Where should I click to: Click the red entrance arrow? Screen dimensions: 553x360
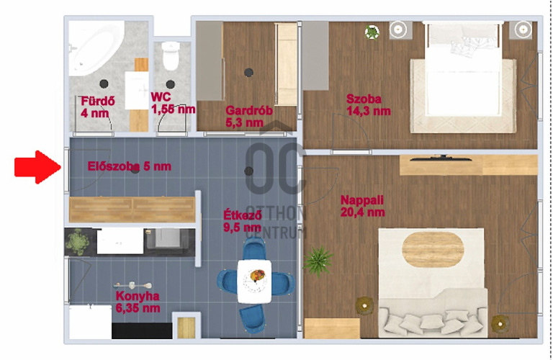point(37,167)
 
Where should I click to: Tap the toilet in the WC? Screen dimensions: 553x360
point(171,55)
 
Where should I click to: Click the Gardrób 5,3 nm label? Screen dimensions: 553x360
point(249,117)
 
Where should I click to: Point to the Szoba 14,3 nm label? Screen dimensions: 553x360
point(368,104)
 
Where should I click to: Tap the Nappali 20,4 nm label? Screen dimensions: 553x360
point(363,206)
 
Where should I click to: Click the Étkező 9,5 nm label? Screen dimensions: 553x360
point(243,221)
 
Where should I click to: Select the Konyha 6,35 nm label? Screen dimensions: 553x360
point(138,302)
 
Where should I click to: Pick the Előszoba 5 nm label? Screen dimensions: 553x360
point(130,166)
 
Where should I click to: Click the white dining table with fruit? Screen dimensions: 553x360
point(254,282)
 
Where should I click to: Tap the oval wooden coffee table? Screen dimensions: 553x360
point(433,250)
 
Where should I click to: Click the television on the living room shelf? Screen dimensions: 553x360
point(441,158)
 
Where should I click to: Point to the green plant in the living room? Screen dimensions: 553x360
point(318,261)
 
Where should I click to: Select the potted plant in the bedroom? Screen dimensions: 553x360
point(372,32)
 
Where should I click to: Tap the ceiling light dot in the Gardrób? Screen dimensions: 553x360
point(249,73)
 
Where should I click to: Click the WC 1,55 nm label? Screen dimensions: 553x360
point(173,103)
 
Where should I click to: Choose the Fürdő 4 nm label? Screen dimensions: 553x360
point(98,107)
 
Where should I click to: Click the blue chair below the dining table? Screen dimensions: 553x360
point(252,318)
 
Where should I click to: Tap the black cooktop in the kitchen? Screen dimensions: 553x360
point(142,331)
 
